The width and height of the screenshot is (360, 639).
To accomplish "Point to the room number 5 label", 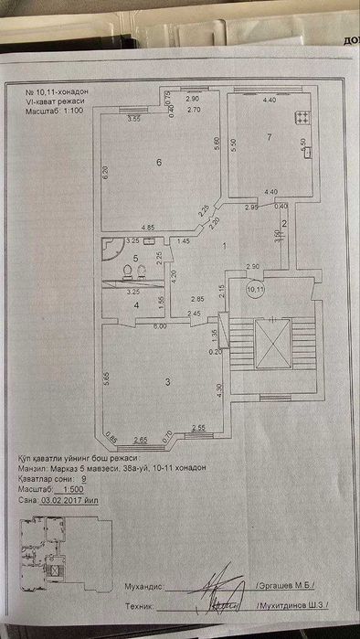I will [x=135, y=260].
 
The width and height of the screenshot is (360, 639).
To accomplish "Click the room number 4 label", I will [x=135, y=305].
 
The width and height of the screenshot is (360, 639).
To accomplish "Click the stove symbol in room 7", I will [x=302, y=117].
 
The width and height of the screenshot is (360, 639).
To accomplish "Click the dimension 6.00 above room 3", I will [x=159, y=326].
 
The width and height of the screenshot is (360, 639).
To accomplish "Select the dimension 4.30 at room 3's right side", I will [x=220, y=389].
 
